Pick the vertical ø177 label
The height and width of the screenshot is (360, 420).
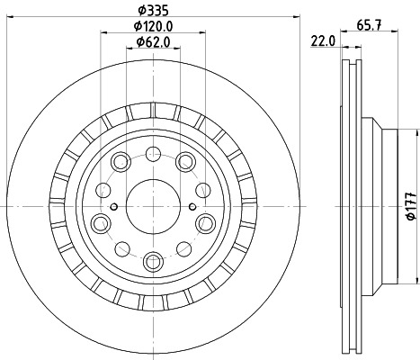point(411,205)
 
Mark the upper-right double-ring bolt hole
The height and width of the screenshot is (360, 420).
point(186,161)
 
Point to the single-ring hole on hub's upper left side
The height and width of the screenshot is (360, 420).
point(103,189)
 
